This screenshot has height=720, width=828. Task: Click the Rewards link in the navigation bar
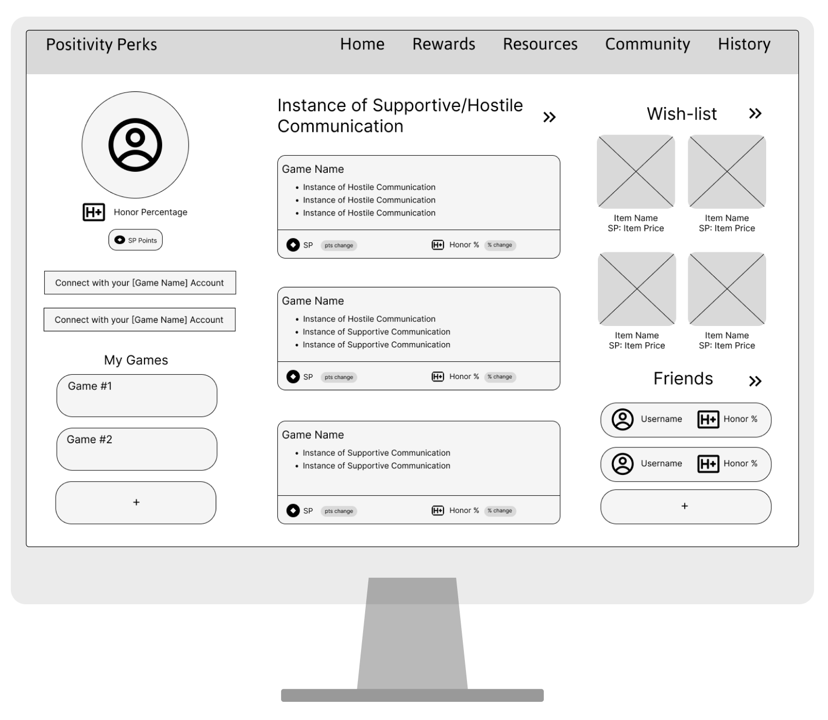444,45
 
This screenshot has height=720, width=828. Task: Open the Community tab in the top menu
647,45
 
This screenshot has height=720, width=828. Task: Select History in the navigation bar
744,45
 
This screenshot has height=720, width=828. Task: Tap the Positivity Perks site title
101,45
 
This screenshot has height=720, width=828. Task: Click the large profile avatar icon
135,145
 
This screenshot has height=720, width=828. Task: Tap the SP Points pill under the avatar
136,240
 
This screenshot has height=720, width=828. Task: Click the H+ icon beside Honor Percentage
94,212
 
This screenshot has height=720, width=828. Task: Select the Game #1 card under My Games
137,395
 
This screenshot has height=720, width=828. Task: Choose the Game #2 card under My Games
137,449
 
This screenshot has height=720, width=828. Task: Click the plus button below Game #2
136,502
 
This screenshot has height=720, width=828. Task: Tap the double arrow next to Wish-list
755,114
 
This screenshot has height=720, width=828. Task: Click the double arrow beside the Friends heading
755,381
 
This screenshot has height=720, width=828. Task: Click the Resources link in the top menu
540,45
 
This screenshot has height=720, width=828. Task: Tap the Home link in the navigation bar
362,45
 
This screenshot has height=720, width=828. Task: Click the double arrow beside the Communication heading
549,117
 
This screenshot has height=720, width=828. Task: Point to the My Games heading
136,360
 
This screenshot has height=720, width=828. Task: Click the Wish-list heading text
682,114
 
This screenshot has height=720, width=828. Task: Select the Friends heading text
683,379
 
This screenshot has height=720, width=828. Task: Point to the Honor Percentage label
150,212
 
